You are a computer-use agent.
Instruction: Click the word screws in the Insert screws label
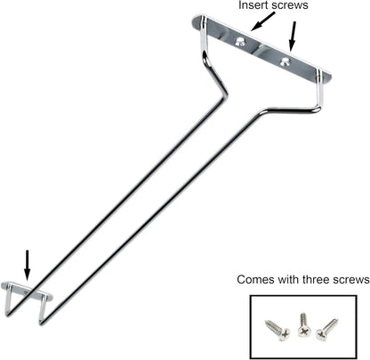click(288, 5)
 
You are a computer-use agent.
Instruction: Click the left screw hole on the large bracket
click(240, 42)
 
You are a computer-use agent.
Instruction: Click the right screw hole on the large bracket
click(286, 61)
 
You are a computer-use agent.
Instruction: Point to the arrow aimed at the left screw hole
click(262, 21)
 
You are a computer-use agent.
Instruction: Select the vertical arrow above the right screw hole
click(293, 36)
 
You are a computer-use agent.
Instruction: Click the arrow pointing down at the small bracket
click(28, 265)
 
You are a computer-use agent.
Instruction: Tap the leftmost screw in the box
click(277, 330)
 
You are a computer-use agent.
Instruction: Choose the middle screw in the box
click(302, 324)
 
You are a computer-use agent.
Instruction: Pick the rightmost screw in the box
click(326, 329)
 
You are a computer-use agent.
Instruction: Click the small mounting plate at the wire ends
click(27, 291)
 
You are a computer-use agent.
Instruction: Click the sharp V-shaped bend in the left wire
click(224, 92)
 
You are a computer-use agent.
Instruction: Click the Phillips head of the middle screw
click(303, 332)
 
